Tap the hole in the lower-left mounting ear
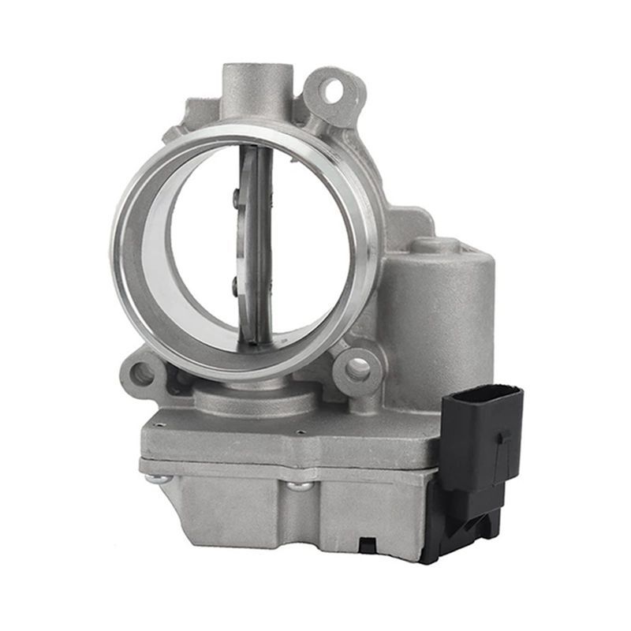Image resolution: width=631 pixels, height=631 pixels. pyautogui.click(x=142, y=374)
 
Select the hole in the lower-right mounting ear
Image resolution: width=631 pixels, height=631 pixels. pyautogui.click(x=357, y=367)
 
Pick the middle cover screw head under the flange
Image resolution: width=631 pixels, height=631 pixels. pyautogui.click(x=299, y=484)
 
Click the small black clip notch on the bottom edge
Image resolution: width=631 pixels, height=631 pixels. pyautogui.click(x=368, y=543)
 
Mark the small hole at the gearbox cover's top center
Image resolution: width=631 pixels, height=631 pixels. pyautogui.click(x=301, y=432)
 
